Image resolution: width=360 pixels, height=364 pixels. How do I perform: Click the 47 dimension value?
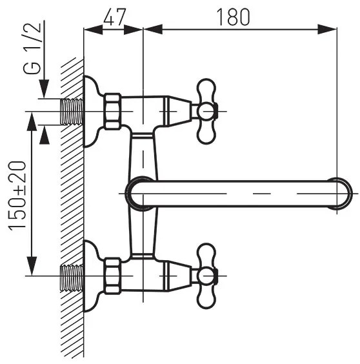click(114, 17)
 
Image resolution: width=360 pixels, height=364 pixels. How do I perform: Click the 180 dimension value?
click(233, 17)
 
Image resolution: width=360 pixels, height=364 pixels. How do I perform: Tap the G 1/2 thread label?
click(32, 48)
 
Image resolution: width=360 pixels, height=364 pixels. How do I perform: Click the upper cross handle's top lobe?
click(206, 88)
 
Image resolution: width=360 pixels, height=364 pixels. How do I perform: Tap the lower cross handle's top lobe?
click(206, 254)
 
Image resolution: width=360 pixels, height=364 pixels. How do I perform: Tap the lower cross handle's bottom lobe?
click(206, 298)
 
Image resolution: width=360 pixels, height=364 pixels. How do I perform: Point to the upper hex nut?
click(112, 111)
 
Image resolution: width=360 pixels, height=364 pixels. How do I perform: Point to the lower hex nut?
click(112, 276)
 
